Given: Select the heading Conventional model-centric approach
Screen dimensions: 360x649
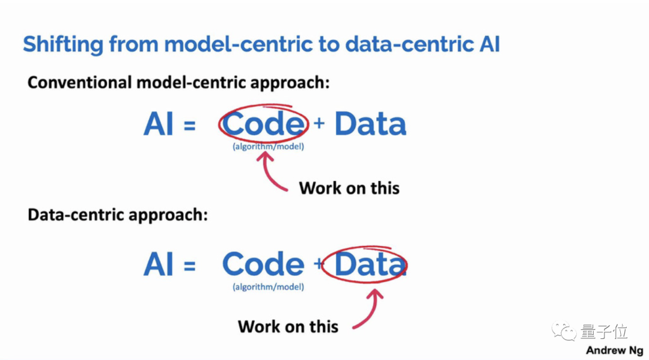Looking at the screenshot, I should (x=178, y=82).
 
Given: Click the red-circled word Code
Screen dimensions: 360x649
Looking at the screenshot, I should (x=263, y=124).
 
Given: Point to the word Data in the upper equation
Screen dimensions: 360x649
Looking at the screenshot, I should (x=370, y=124).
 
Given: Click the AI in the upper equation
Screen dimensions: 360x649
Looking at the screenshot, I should (x=159, y=124).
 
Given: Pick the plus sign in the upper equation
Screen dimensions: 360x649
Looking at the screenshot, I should (x=319, y=123).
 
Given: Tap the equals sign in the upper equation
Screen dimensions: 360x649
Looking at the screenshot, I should (x=190, y=126).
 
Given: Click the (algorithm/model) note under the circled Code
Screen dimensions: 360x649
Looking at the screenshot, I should (x=268, y=147).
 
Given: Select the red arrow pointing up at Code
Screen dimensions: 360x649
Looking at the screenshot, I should (x=270, y=171).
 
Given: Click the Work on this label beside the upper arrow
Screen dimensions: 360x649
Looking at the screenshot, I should (x=349, y=188).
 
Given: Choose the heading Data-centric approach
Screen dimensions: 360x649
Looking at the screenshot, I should (x=118, y=215).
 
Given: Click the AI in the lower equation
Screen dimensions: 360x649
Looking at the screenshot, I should (x=159, y=264).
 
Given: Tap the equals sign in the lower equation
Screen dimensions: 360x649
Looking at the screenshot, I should (x=190, y=266).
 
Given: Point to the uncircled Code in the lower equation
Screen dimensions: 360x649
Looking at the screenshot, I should (x=263, y=264).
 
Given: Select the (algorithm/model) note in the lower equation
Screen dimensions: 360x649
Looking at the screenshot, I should (x=268, y=287).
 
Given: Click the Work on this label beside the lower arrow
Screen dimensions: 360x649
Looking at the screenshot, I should (x=288, y=326).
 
